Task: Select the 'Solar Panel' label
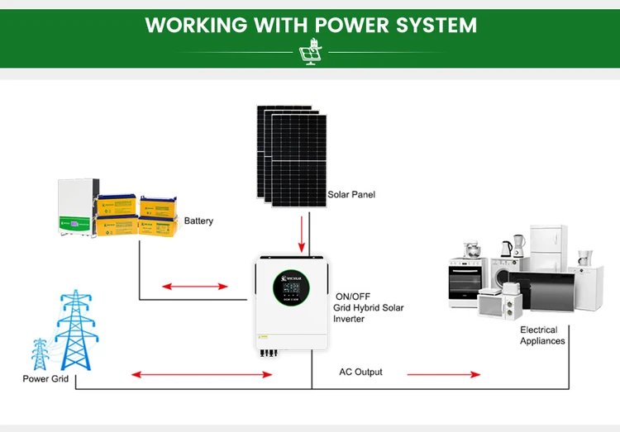point(351,195)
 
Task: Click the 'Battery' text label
point(198,221)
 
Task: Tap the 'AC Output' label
point(360,373)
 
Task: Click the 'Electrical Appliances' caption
point(542,335)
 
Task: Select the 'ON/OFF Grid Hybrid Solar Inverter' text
point(369,307)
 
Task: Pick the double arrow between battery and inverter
point(194,287)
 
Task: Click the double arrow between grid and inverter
point(202,374)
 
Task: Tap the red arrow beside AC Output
point(443,374)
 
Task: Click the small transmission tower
point(39,354)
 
